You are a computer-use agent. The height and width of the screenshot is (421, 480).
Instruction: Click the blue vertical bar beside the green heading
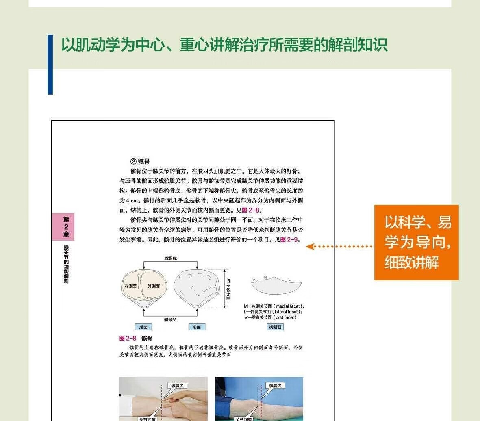[50, 64]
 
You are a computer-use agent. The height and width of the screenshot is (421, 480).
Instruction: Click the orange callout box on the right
[416, 242]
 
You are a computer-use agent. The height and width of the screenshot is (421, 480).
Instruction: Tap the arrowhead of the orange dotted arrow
[310, 247]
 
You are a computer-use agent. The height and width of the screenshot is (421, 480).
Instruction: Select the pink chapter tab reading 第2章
[66, 227]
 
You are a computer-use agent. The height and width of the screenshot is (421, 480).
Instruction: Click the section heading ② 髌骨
[140, 161]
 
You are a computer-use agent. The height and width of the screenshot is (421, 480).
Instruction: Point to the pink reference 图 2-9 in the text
[289, 239]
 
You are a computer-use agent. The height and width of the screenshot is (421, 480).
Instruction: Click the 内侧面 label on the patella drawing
[130, 286]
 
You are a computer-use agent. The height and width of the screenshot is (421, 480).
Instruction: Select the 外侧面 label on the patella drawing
[153, 286]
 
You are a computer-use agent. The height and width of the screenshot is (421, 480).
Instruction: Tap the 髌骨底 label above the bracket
[171, 258]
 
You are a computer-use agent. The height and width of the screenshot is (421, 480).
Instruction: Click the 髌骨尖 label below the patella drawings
[170, 319]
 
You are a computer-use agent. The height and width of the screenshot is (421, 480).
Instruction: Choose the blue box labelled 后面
[143, 327]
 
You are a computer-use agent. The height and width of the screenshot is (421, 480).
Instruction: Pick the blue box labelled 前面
[197, 327]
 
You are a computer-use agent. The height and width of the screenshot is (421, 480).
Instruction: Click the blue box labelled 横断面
[275, 327]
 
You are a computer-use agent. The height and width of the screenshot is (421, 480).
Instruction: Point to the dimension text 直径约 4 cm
[228, 289]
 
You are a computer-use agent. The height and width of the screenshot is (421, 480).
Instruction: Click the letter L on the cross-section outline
[289, 279]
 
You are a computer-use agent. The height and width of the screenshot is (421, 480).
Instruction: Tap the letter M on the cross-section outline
[265, 278]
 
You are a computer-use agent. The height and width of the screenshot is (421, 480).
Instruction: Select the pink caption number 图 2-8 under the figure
[128, 339]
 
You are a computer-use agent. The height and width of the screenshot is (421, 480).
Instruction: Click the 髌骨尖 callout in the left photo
[177, 386]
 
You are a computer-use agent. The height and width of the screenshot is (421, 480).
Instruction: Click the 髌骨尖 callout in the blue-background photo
[276, 386]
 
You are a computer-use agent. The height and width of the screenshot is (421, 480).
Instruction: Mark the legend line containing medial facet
[274, 306]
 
